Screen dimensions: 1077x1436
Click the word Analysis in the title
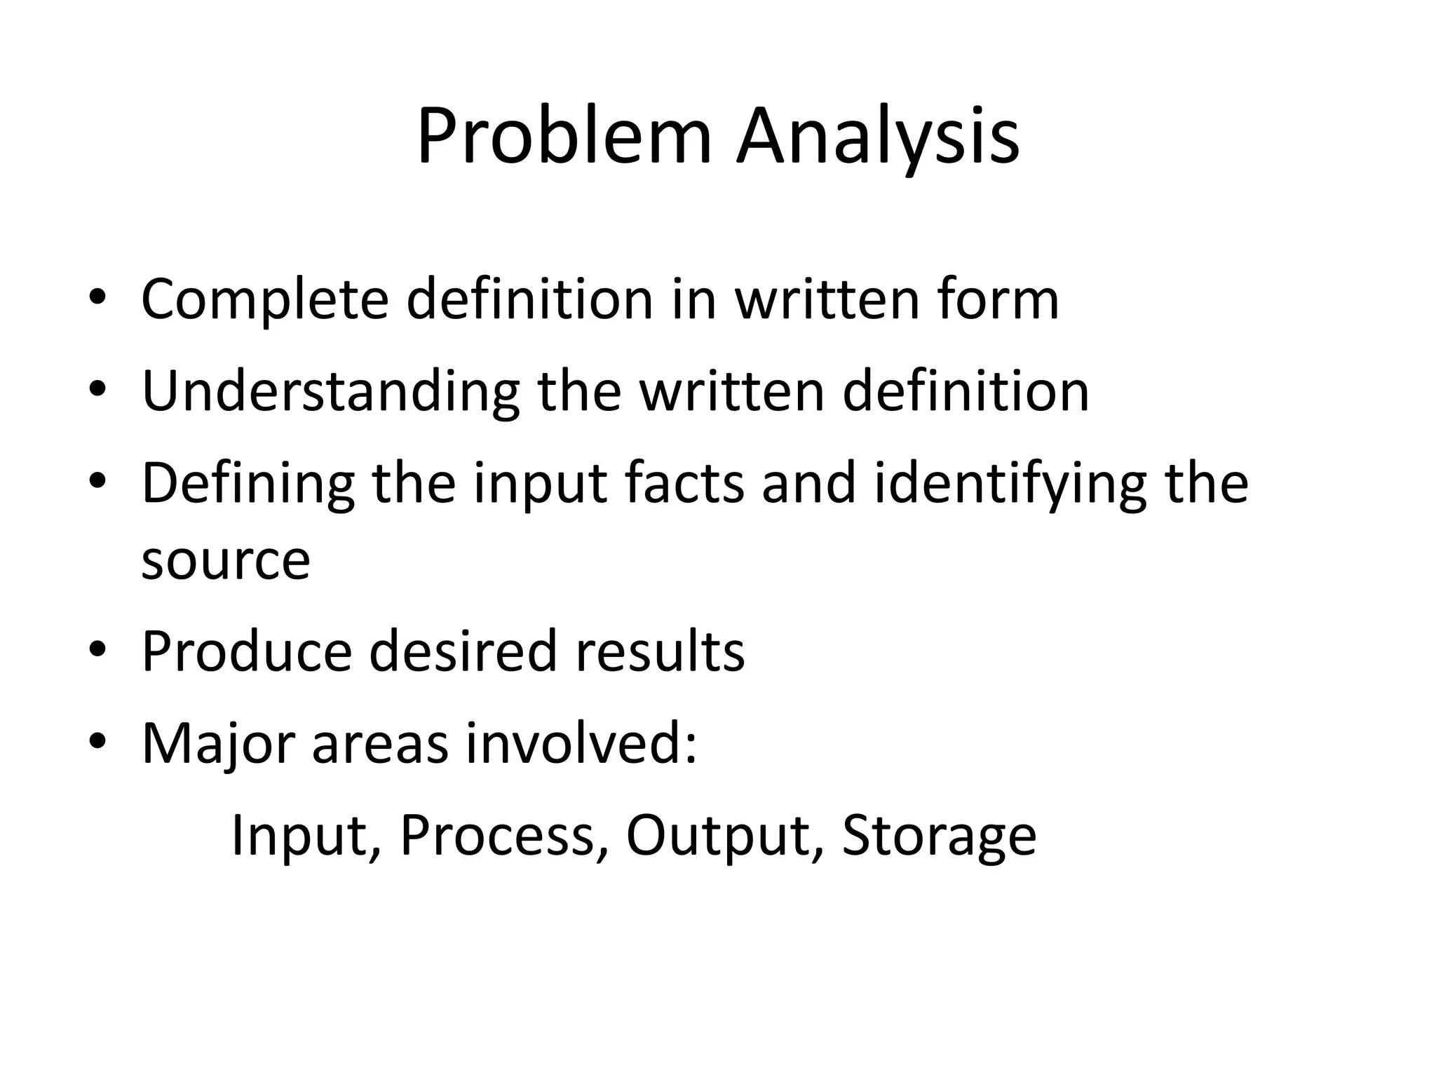pos(877,137)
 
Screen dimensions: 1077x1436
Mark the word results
pos(660,652)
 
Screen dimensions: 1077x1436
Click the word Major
pos(218,744)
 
